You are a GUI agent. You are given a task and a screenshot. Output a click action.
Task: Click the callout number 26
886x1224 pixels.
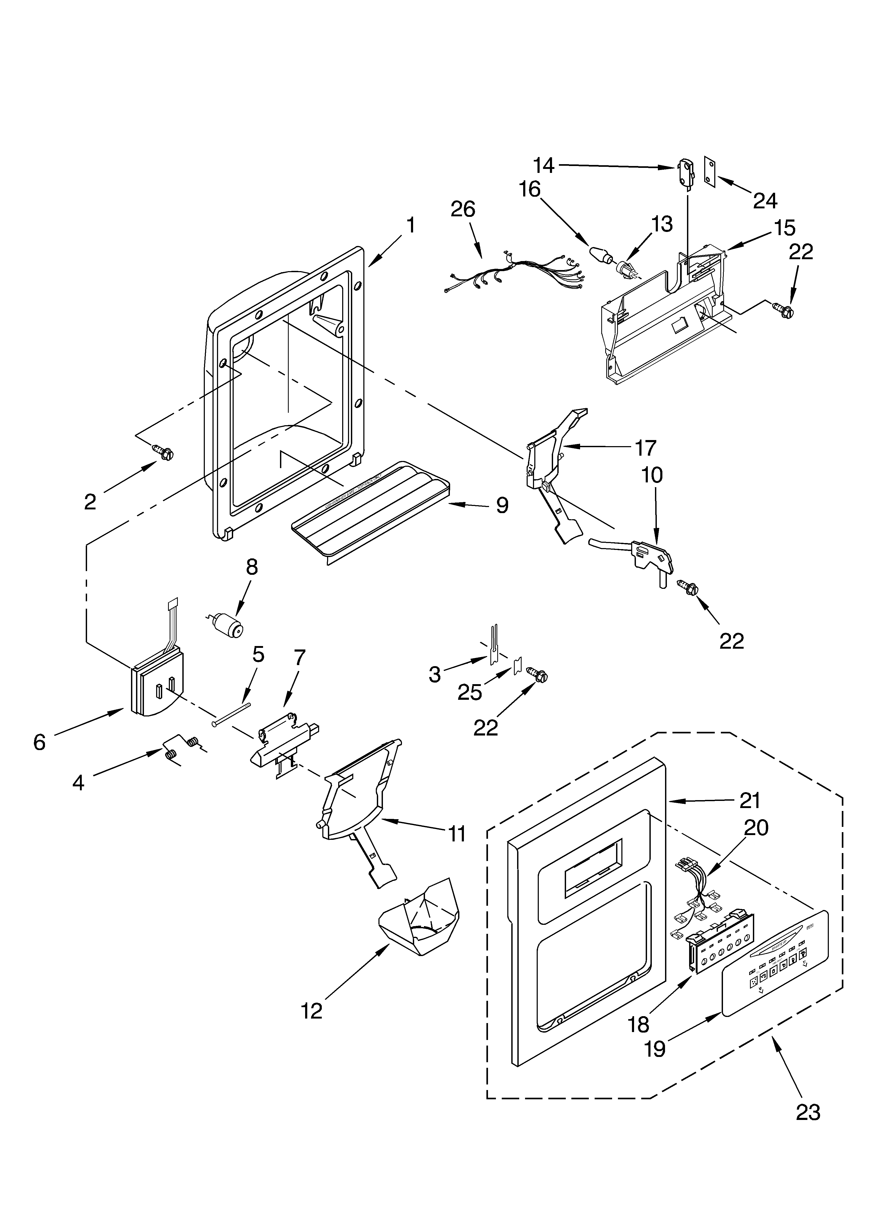pos(463,209)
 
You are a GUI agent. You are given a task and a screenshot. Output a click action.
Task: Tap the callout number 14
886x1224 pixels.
pos(544,165)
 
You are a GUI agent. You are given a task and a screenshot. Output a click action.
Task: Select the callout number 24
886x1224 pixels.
pos(765,201)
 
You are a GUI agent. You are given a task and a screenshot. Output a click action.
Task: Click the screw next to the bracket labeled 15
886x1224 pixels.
pos(785,310)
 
